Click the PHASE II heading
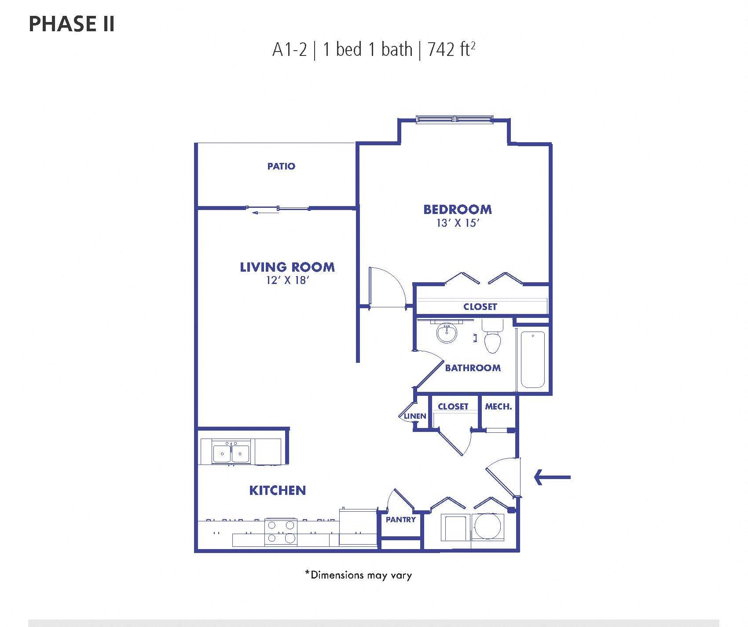72,24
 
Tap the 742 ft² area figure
452,49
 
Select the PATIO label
281,166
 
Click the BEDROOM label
458,209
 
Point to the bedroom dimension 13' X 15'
458,223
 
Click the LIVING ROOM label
287,267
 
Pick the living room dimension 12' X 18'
287,280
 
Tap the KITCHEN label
277,490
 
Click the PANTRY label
400,520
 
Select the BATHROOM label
473,368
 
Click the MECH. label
498,406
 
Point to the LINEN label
414,416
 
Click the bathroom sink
447,333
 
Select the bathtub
532,359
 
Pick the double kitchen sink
231,452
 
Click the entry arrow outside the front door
552,477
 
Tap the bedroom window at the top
455,119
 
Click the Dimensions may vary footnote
358,575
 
